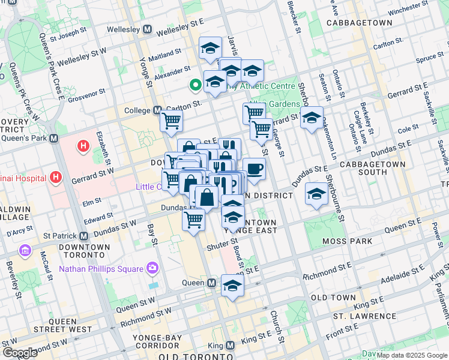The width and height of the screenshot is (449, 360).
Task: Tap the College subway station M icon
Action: click(x=157, y=111)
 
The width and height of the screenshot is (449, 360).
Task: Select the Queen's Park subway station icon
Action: click(x=54, y=139)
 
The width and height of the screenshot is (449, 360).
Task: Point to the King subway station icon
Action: click(x=230, y=346)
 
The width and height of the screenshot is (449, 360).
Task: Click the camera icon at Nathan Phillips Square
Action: click(x=152, y=268)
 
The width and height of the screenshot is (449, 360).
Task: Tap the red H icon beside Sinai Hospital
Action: click(x=56, y=177)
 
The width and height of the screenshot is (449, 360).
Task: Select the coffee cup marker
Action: click(x=254, y=170)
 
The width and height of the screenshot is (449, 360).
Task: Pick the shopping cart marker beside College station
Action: click(x=172, y=121)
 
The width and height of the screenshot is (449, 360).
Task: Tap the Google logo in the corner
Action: click(x=19, y=352)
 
